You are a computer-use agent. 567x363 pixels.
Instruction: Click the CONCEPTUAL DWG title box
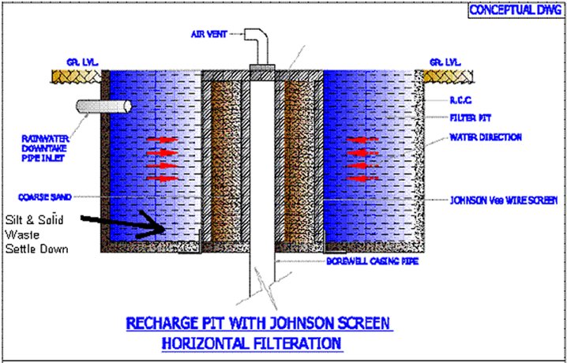click(514, 10)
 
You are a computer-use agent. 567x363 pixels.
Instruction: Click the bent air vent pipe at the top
click(257, 43)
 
